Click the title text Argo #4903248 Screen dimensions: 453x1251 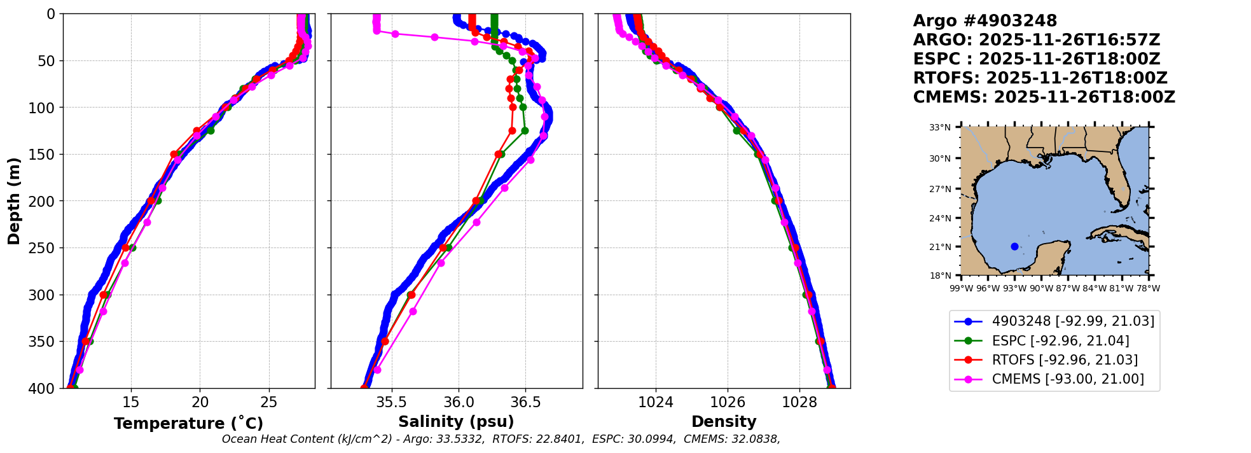(x=985, y=21)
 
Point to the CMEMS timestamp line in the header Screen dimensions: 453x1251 (x=1044, y=97)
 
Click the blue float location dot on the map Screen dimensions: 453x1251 (x=1014, y=246)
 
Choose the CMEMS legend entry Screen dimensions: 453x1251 (x=1067, y=379)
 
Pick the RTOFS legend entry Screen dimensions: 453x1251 (x=1065, y=360)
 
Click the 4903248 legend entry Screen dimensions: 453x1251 (x=1072, y=321)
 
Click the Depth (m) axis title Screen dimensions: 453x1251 (x=14, y=201)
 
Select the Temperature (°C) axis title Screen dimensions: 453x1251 (x=188, y=423)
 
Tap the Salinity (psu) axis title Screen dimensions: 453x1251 (x=456, y=422)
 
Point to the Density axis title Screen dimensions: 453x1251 (x=724, y=422)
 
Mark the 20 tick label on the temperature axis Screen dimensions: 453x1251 (x=200, y=402)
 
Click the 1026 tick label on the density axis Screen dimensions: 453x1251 (x=727, y=402)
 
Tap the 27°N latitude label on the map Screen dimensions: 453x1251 (x=940, y=189)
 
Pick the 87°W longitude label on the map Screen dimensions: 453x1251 (x=1068, y=288)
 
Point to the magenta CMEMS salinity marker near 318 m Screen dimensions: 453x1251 (x=413, y=311)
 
